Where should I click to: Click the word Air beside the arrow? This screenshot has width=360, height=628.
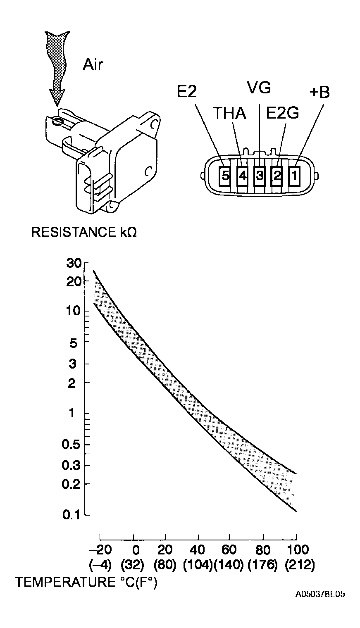93,65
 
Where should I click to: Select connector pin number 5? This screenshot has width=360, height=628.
226,176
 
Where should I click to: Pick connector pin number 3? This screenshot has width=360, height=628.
260,176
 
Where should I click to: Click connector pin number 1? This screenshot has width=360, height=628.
294,176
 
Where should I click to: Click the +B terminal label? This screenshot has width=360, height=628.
319,93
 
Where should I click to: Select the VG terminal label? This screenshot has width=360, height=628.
259,88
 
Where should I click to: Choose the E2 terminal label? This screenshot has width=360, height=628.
187,91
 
